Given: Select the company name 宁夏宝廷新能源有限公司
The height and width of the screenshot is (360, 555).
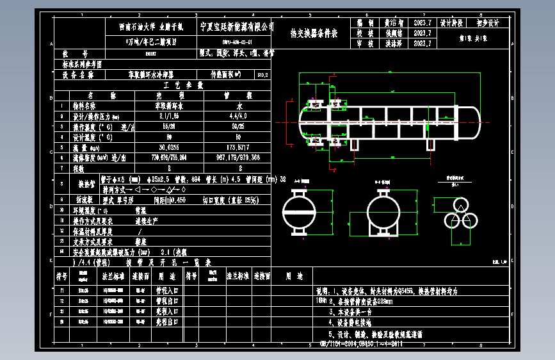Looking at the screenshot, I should pyautogui.click(x=237, y=27).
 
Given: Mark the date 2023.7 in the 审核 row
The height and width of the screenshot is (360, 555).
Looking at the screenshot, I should pyautogui.click(x=423, y=44).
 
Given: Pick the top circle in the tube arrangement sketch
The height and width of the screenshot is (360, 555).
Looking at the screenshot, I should pyautogui.click(x=460, y=204).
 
